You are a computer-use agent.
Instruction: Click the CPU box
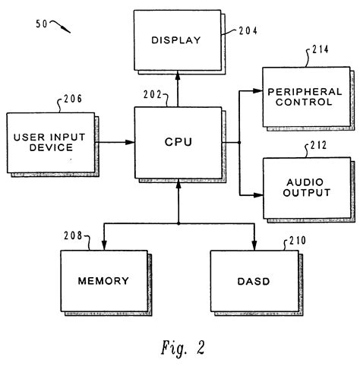[178, 142]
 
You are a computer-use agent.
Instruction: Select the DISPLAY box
[178, 39]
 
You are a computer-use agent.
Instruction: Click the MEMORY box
[103, 280]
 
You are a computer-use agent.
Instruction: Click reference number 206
[71, 99]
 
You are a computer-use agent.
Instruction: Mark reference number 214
[321, 52]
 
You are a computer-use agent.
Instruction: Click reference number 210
[298, 241]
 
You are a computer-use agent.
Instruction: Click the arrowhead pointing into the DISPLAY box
[178, 74]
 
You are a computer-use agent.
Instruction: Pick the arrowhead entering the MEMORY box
[103, 245]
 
